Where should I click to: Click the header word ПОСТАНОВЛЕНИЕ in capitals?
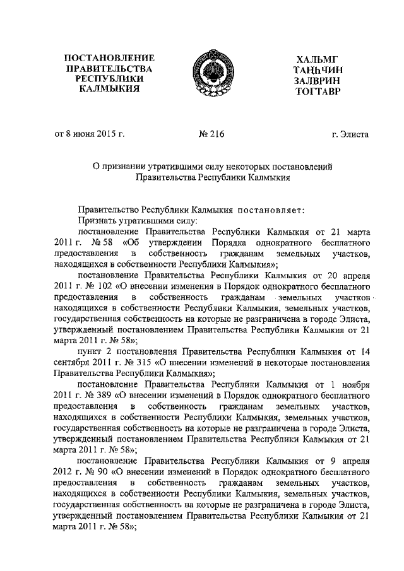click(110, 58)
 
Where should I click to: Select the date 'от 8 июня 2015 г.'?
click(89, 134)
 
